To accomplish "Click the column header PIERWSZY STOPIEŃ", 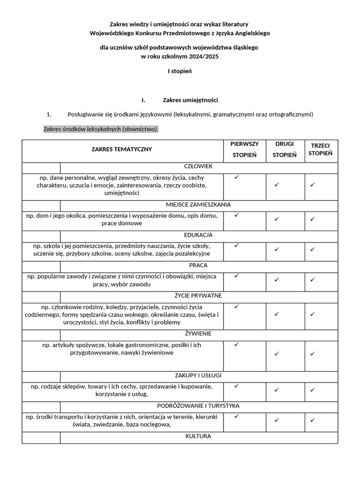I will [x=245, y=150].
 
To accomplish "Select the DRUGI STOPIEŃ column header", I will [x=285, y=150].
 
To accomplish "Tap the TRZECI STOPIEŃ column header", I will [x=321, y=150].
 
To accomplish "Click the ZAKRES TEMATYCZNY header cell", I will [x=122, y=150].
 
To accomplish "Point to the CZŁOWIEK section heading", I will [x=198, y=166].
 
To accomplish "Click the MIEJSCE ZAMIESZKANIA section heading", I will [x=198, y=205].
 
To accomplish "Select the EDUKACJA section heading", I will [x=198, y=235].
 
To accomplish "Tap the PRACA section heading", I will [x=198, y=265].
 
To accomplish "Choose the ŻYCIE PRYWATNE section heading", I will [x=198, y=296].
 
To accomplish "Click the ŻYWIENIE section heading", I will [x=198, y=334].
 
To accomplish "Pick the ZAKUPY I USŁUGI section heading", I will [x=198, y=375].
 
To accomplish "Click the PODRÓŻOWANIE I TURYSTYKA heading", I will [x=198, y=406].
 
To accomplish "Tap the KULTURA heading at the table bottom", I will [x=198, y=436].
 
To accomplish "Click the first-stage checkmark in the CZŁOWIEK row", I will [x=237, y=177].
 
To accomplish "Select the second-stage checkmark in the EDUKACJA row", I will [x=277, y=249].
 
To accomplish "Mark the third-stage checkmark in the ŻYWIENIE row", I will [x=312, y=354].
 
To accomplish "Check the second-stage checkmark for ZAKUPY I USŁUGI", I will [x=277, y=390].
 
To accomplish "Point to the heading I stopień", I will [x=180, y=71].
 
